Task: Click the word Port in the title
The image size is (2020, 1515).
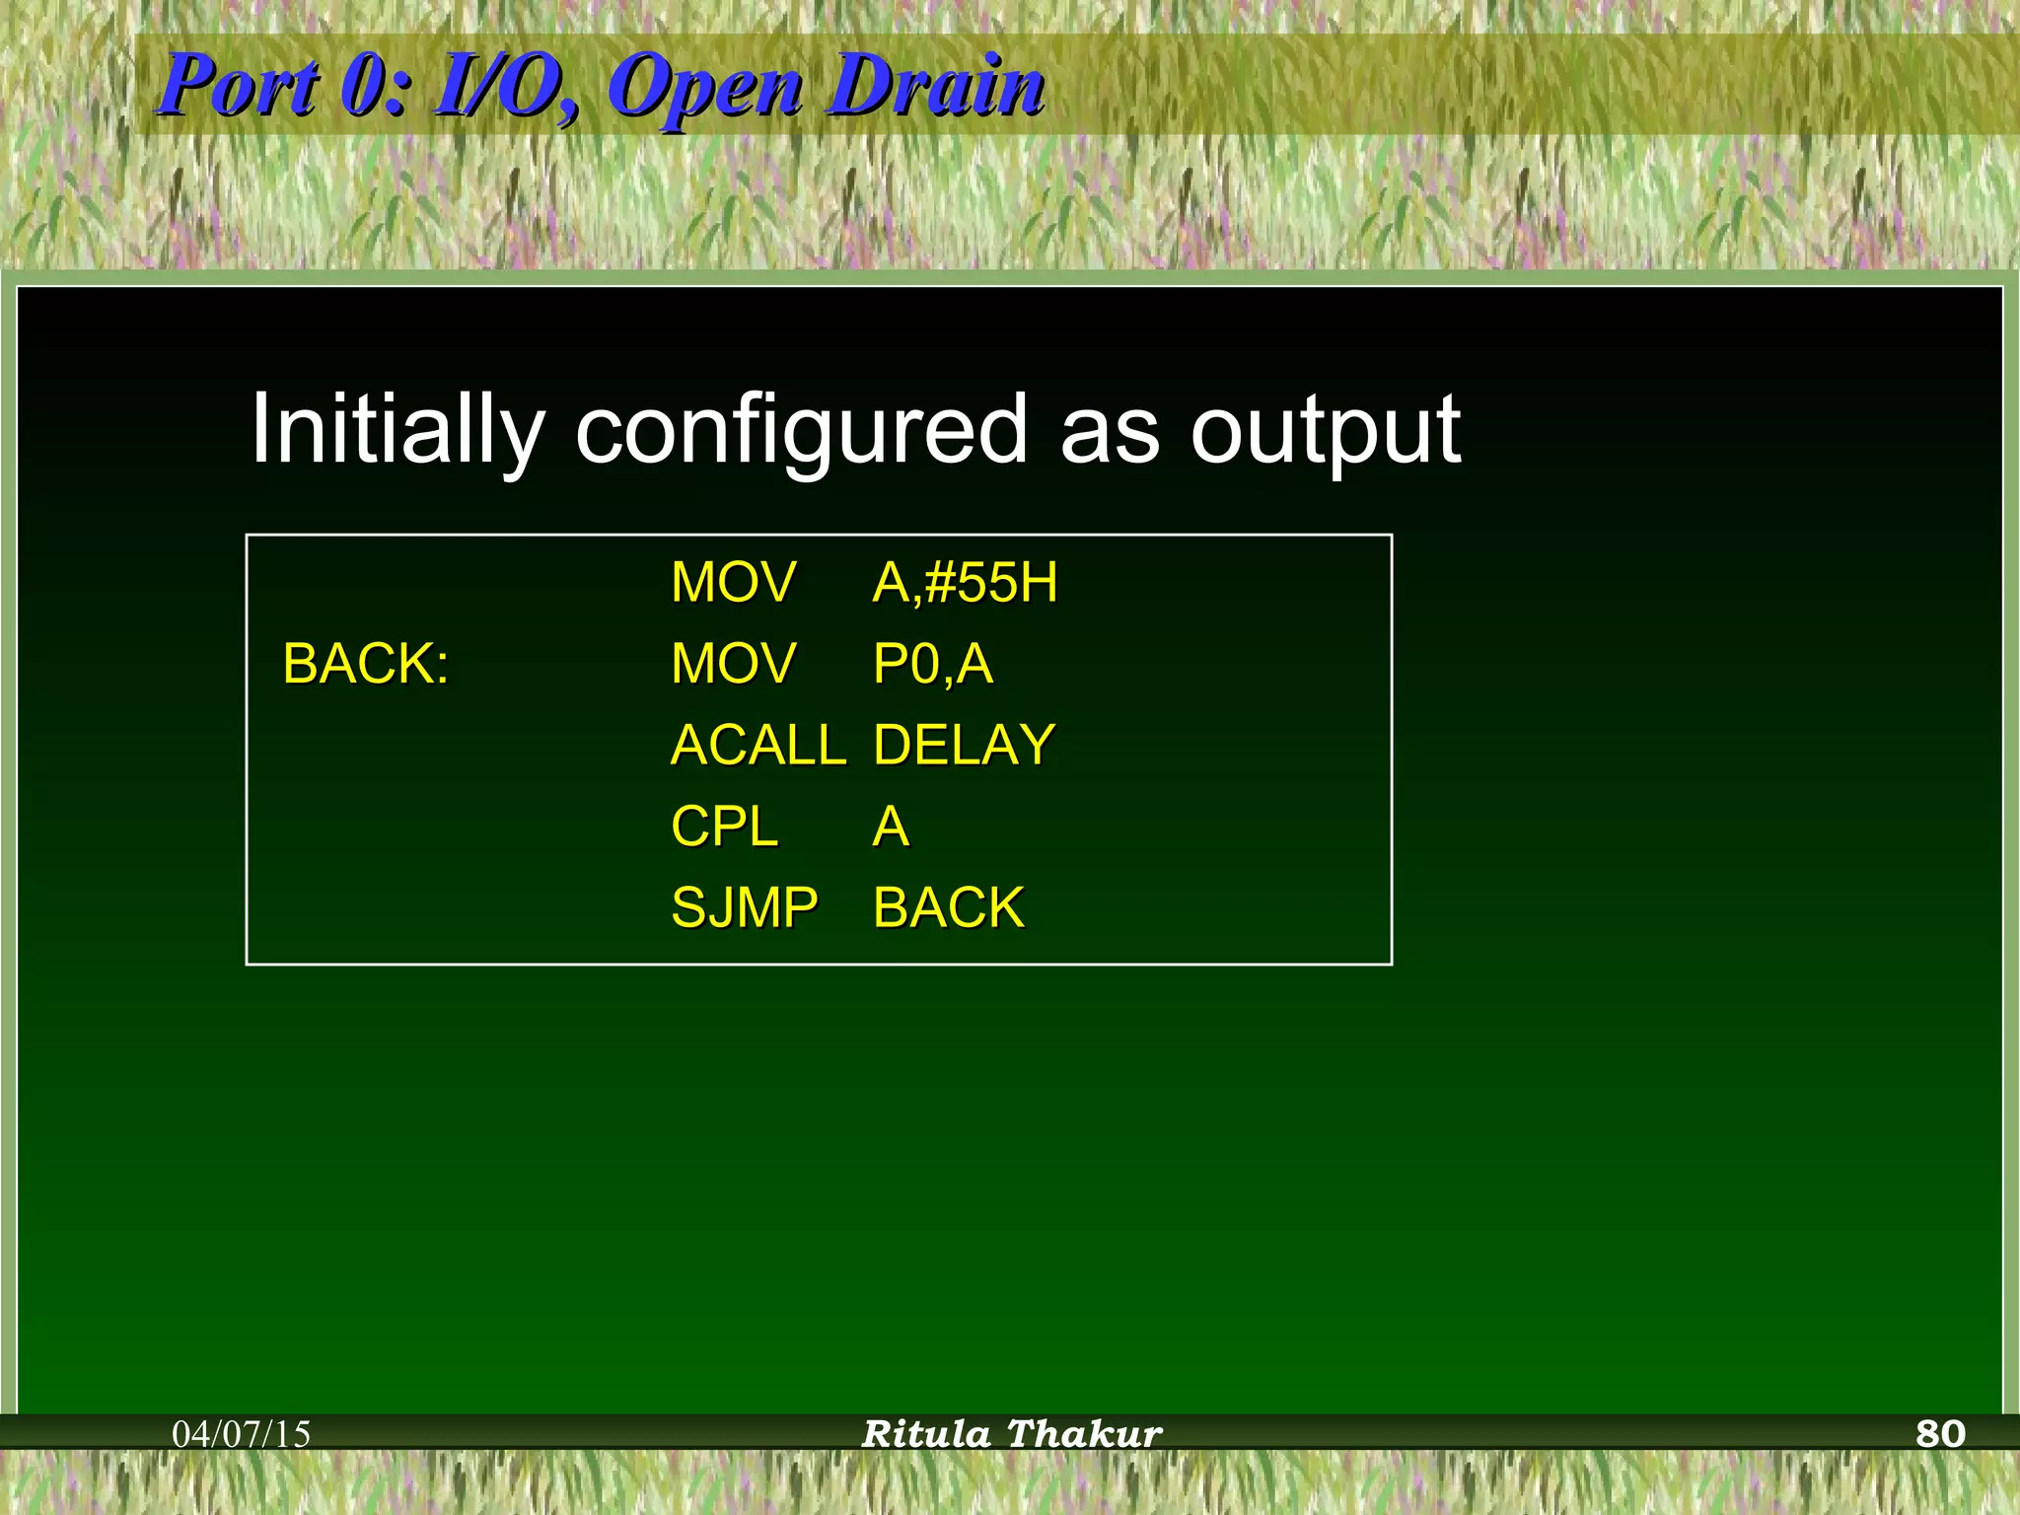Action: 239,86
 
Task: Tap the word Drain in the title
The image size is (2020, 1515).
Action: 935,86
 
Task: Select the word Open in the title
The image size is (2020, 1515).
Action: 703,89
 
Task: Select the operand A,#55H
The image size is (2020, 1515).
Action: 965,582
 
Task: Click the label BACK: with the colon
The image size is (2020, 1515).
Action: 366,664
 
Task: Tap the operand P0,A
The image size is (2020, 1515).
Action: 933,664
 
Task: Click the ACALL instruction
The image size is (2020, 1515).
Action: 757,745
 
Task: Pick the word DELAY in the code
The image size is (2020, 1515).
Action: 964,745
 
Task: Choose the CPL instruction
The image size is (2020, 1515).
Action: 724,827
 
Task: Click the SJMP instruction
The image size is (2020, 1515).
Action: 745,907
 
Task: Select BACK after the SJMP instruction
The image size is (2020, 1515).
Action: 948,907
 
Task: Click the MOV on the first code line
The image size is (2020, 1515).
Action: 733,582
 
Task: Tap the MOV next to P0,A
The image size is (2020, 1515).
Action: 733,664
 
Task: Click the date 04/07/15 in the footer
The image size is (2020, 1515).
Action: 241,1434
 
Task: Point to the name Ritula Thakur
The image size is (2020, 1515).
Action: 1012,1434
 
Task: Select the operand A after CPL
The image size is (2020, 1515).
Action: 891,827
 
